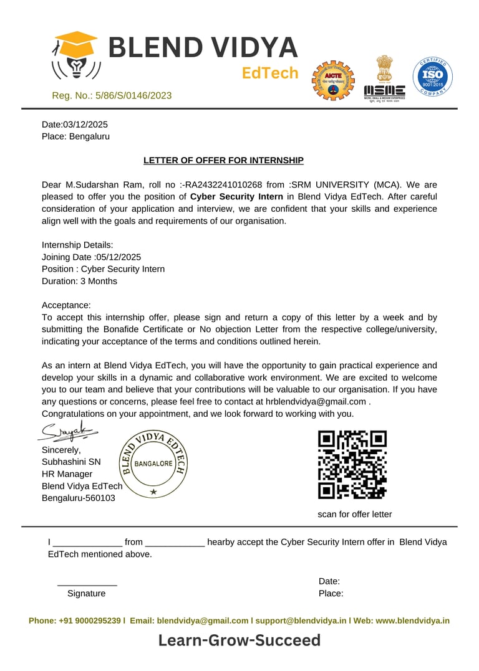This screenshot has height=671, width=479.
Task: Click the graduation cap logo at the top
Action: tap(75, 55)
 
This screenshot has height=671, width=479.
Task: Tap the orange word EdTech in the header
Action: tap(270, 73)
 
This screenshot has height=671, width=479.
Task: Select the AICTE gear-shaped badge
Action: tap(332, 80)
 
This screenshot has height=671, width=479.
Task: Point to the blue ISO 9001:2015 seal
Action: tap(432, 76)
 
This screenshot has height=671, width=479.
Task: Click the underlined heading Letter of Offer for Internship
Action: tap(223, 161)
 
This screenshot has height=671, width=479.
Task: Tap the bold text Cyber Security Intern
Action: tap(236, 197)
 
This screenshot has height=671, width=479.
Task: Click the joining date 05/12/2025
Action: tap(118, 257)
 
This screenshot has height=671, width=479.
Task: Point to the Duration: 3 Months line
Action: tap(79, 281)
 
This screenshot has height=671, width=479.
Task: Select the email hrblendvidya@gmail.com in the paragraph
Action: tap(316, 402)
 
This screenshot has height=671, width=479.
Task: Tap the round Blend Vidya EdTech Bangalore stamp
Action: tap(153, 463)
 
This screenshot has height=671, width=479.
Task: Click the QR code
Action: tap(352, 465)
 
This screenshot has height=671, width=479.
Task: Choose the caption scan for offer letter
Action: tap(355, 514)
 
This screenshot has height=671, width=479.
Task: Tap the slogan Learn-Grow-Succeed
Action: tap(239, 640)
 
